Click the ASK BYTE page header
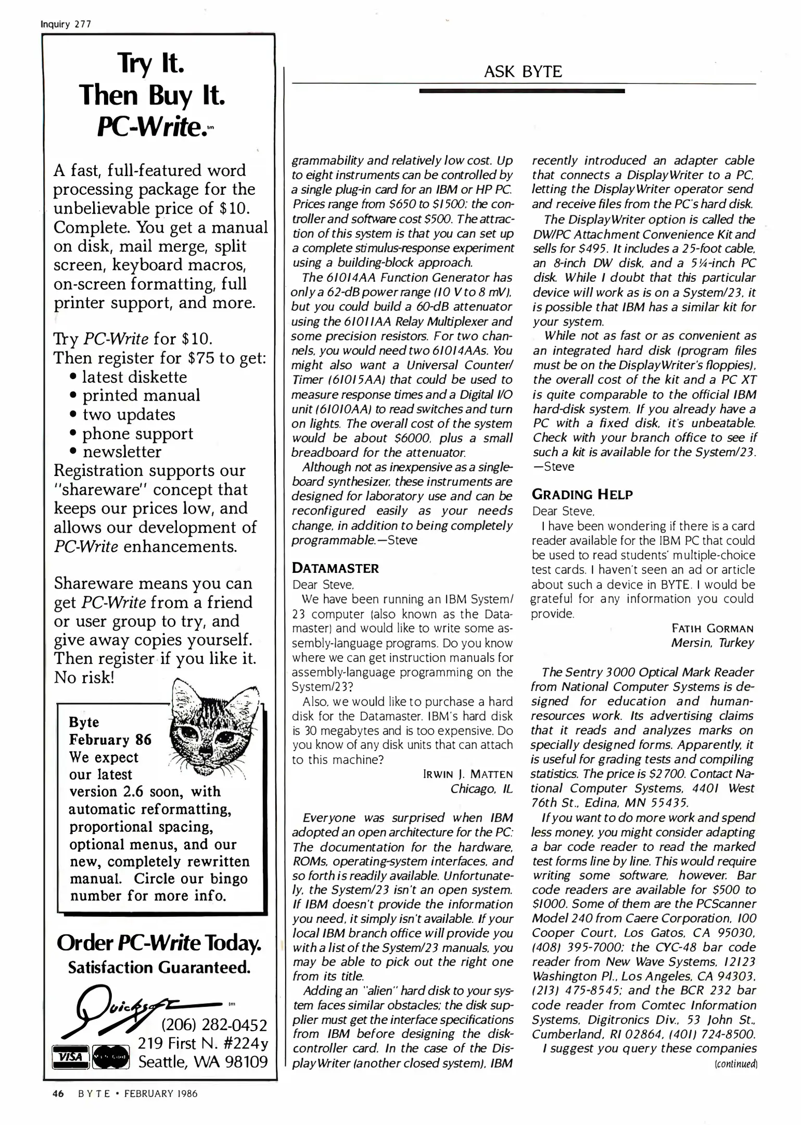coord(523,71)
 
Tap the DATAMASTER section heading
coord(335,568)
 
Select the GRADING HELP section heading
coord(582,494)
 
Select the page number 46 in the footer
coord(58,1094)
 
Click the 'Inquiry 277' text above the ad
coord(66,24)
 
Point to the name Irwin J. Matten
coord(468,774)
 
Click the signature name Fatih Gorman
coord(713,628)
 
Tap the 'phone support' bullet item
coord(137,433)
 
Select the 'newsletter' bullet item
coord(122,452)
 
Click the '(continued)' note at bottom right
coord(736,1063)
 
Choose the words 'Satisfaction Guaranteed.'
coord(159,968)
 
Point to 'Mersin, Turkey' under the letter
coord(712,643)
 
